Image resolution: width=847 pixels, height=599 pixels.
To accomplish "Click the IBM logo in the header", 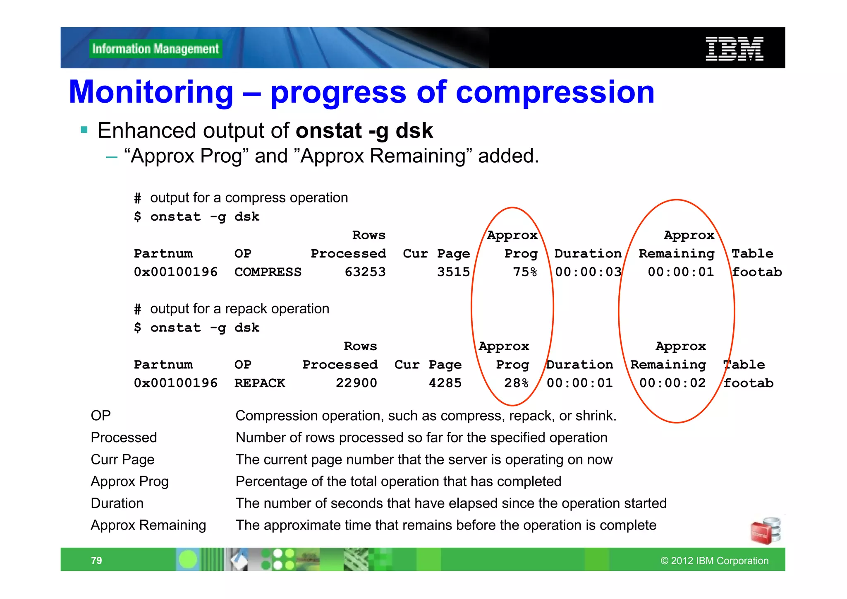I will pyautogui.click(x=734, y=49).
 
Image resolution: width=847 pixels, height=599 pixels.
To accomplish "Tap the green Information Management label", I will pyautogui.click(x=156, y=49).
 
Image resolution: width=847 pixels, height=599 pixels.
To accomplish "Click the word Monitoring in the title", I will pyautogui.click(x=151, y=92).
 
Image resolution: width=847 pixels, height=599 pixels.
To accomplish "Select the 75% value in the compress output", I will pyautogui.click(x=525, y=272).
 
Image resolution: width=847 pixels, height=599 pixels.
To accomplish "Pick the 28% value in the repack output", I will pyautogui.click(x=516, y=383).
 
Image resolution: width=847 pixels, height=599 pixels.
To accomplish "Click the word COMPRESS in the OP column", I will pyautogui.click(x=268, y=272).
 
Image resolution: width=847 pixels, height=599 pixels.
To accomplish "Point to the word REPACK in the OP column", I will pyautogui.click(x=260, y=383).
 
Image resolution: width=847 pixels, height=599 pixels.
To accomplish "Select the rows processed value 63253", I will pyautogui.click(x=365, y=272).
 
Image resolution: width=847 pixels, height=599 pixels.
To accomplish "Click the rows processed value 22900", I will pyautogui.click(x=357, y=383).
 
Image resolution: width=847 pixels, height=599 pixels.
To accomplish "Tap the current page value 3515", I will pyautogui.click(x=454, y=272).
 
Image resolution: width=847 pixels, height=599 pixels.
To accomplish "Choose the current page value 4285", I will pyautogui.click(x=445, y=383).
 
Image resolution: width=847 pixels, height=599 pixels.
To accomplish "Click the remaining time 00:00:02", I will pyautogui.click(x=672, y=383).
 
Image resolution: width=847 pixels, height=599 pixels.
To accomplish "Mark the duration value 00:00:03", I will pyautogui.click(x=588, y=272).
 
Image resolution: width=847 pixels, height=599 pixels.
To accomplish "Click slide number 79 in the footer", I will pyautogui.click(x=96, y=561).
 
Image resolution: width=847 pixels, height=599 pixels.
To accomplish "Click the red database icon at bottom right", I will pyautogui.click(x=765, y=531).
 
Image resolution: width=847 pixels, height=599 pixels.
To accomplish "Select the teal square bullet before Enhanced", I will pyautogui.click(x=84, y=130).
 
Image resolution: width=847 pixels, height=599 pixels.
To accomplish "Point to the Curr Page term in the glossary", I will pyautogui.click(x=122, y=459).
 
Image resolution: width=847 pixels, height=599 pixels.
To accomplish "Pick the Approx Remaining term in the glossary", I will pyautogui.click(x=148, y=525).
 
